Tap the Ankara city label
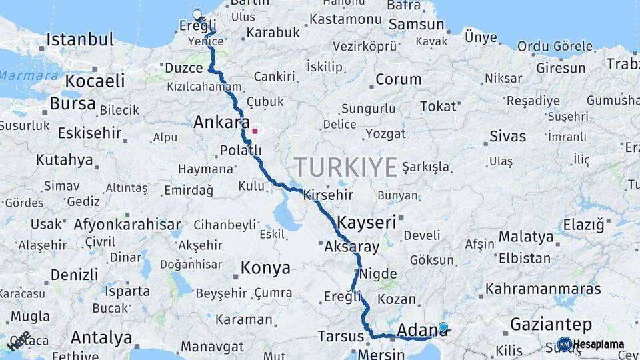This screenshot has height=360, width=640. point(217,122)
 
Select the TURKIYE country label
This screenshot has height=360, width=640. point(346,165)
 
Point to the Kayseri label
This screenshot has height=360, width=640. point(367,222)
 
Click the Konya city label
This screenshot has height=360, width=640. point(265,268)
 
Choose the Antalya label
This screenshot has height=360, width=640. point(101,337)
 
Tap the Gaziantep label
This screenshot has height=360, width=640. point(551,325)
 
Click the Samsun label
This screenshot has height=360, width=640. point(417,25)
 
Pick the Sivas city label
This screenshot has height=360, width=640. point(507,137)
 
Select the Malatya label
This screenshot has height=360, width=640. point(526,237)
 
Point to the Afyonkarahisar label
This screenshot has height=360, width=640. point(128,224)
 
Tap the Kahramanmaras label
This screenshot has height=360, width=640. point(543,289)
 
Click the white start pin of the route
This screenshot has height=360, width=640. point(197,15)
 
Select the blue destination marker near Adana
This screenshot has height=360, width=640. point(443,327)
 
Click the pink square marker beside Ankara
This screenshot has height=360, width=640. point(254,131)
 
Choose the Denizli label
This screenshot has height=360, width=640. point(74,274)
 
